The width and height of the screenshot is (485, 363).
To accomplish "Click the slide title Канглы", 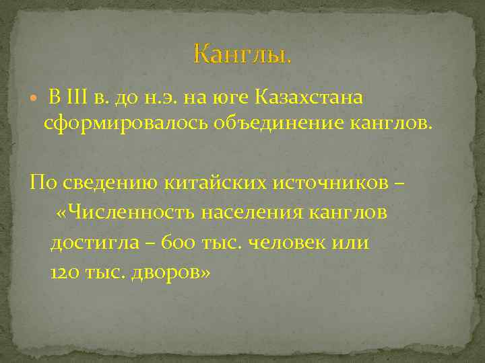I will (243, 53).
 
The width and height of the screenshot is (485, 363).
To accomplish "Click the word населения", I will (257, 213).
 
